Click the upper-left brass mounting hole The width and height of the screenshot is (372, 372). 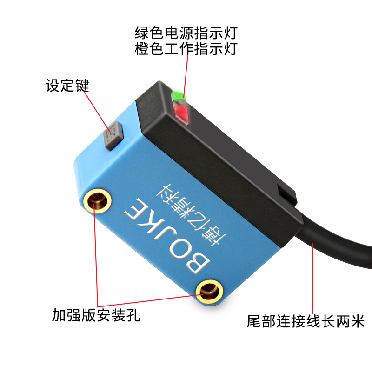(98, 201)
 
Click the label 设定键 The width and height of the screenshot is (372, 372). (67, 86)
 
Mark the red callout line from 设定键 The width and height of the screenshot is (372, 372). (98, 112)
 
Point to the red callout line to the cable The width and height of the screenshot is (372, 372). (312, 279)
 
